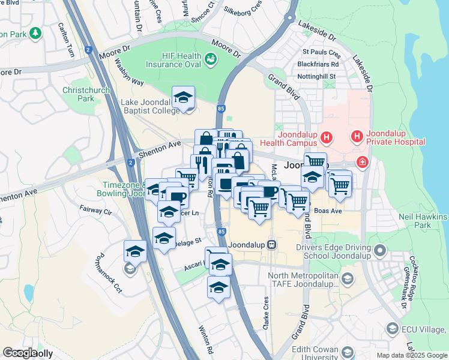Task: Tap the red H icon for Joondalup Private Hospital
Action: (x=357, y=137)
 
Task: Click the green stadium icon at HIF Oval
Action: (x=211, y=59)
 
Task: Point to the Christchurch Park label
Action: (x=79, y=94)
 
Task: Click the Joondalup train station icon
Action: (x=272, y=245)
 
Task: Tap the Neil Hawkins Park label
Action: (x=423, y=221)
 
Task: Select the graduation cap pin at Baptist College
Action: (x=183, y=98)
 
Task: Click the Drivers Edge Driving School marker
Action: (x=379, y=250)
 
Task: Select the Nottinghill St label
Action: (x=319, y=77)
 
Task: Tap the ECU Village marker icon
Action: (x=392, y=328)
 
